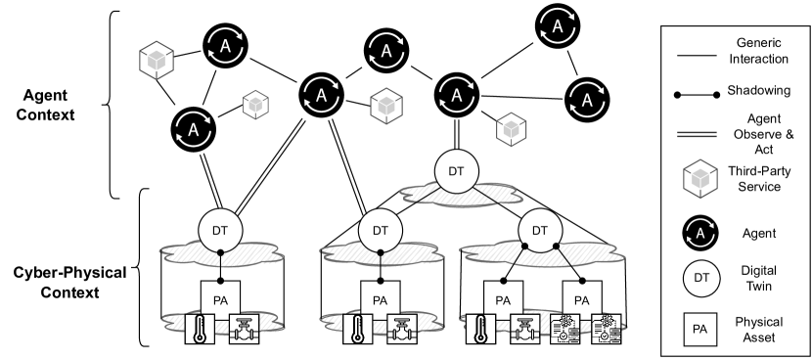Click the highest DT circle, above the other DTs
click(455, 171)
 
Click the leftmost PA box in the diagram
click(219, 296)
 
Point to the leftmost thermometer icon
click(201, 331)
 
